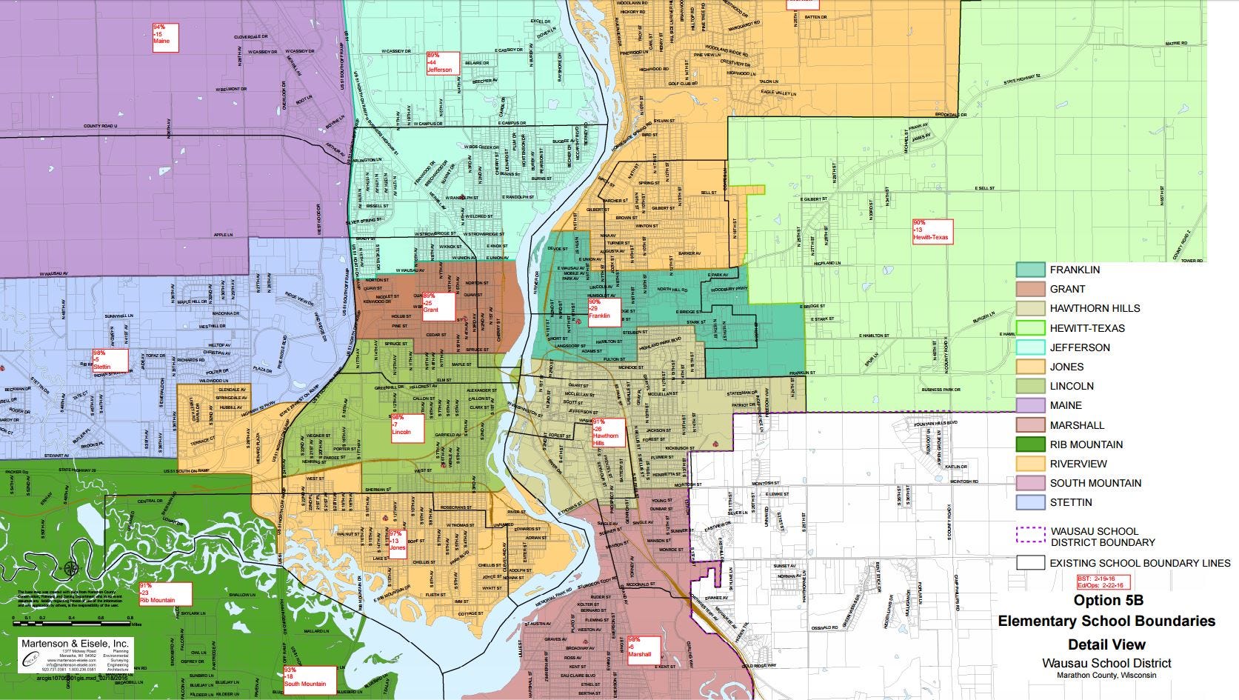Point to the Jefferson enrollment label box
pyautogui.click(x=443, y=63)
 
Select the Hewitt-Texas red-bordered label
pyautogui.click(x=932, y=231)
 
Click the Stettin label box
pyautogui.click(x=110, y=361)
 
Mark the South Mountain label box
pyautogui.click(x=309, y=678)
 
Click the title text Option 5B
pyautogui.click(x=1106, y=600)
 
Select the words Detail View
pyautogui.click(x=1106, y=644)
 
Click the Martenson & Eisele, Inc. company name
pyautogui.click(x=74, y=644)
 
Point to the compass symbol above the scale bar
pyautogui.click(x=71, y=569)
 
